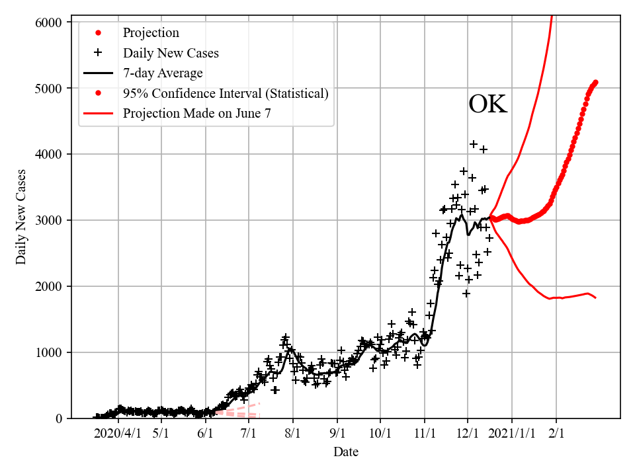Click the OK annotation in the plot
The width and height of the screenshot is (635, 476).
tap(488, 105)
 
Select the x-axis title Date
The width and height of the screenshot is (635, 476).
tap(346, 452)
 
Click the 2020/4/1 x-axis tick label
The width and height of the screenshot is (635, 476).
tap(117, 433)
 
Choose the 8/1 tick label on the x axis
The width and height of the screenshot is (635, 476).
tap(293, 433)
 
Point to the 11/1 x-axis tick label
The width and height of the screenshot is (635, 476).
tap(424, 433)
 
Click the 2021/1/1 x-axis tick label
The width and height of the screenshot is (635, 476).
tap(512, 433)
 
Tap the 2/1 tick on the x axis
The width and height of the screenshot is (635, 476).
tap(556, 433)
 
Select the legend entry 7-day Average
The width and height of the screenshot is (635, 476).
tap(163, 73)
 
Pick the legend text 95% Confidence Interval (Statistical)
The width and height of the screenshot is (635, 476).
tap(226, 94)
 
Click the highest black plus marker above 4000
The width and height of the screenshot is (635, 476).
tap(474, 143)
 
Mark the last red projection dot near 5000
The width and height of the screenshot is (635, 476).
tap(595, 83)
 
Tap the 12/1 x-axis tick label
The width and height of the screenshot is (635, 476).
tap(468, 433)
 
